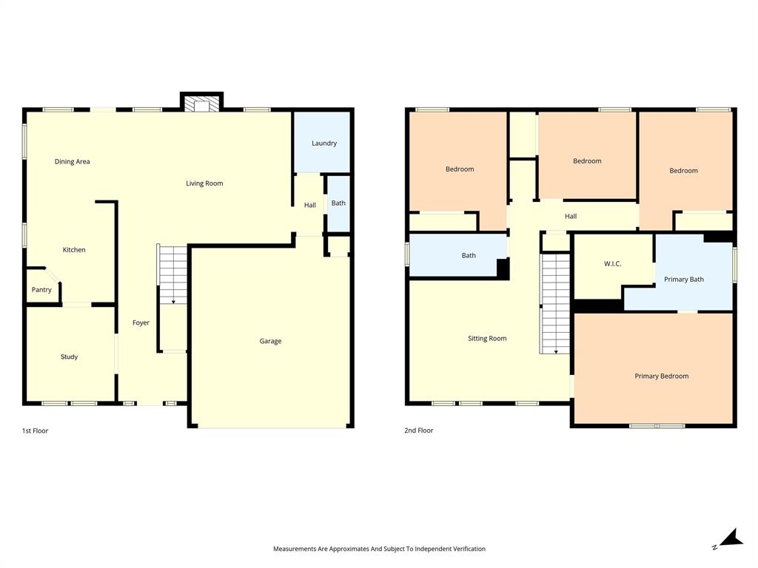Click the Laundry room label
click(324, 143)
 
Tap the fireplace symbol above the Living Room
click(202, 104)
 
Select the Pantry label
click(41, 290)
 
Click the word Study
click(69, 357)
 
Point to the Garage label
click(270, 342)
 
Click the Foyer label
click(141, 323)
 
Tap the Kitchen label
click(74, 250)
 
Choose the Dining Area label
click(73, 161)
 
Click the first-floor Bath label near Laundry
click(338, 203)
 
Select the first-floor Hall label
click(310, 206)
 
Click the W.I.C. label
click(612, 264)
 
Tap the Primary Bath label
click(683, 280)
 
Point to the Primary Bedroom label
click(661, 376)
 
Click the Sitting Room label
click(487, 339)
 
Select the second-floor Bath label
click(469, 256)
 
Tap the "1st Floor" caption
click(35, 430)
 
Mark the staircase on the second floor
click(555, 303)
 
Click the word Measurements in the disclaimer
click(295, 549)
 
